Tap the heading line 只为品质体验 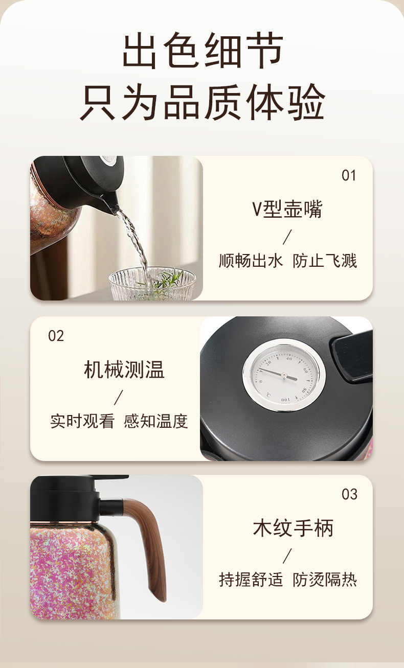[203, 102]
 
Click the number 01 [349, 175]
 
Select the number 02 [56, 336]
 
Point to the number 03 [349, 494]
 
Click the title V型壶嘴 [287, 209]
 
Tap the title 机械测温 [124, 370]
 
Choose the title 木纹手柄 [293, 528]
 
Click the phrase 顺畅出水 [251, 261]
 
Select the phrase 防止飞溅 [325, 261]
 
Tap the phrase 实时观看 [82, 421]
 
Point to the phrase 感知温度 [156, 421]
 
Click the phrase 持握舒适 [251, 580]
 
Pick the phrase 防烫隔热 [325, 580]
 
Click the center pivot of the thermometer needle [283, 375]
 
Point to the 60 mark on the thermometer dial [305, 371]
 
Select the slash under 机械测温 [119, 397]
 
